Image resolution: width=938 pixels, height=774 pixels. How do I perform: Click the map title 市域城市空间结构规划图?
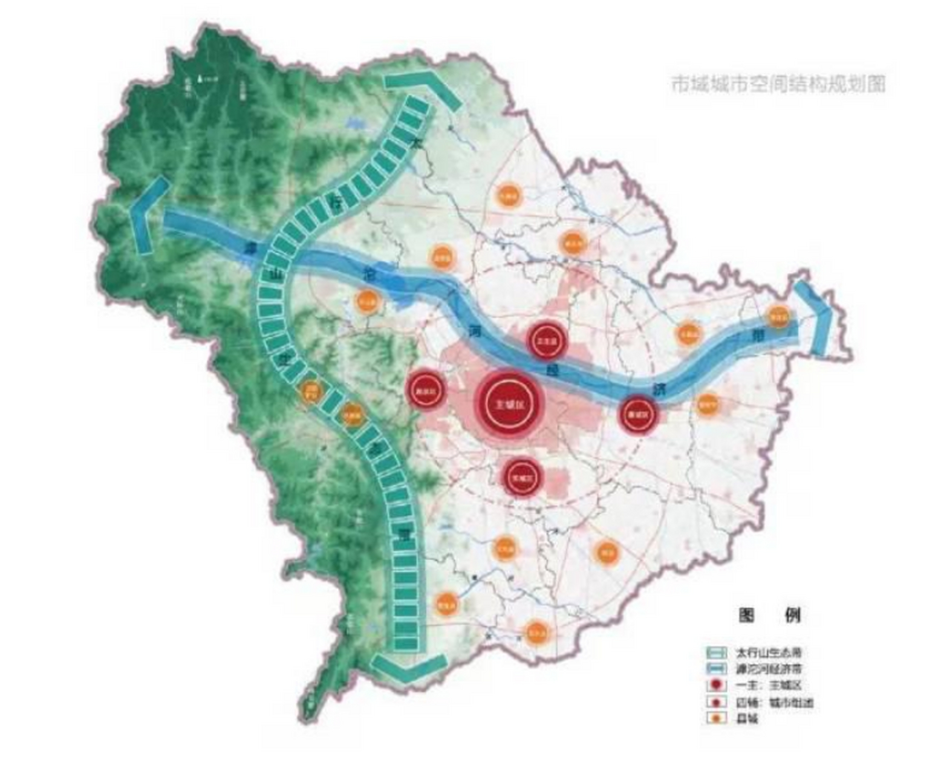(778, 84)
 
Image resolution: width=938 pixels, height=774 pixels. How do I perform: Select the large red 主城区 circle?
(509, 405)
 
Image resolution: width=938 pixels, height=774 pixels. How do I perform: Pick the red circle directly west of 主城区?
(425, 392)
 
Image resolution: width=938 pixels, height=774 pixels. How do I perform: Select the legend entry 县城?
(747, 719)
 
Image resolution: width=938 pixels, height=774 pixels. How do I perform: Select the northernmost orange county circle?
(508, 195)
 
